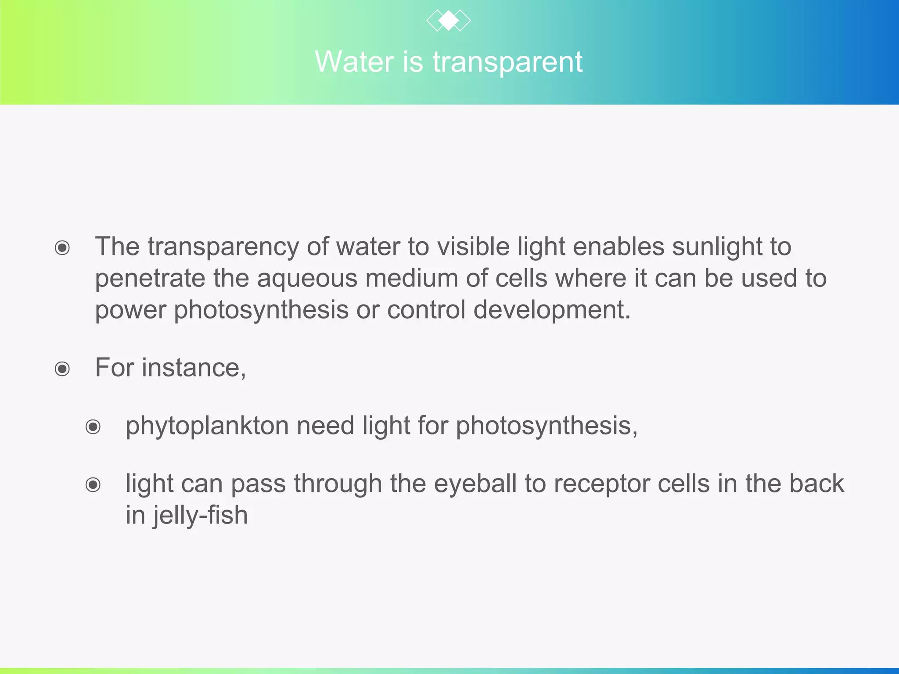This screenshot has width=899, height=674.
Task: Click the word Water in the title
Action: coord(354,62)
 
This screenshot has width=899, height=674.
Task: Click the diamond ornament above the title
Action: coord(448,21)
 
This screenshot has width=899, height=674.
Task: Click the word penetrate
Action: coord(150,279)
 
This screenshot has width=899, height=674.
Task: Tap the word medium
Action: coord(411,279)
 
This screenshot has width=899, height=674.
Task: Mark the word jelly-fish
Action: coord(200,516)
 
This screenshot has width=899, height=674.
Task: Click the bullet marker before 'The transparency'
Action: coord(62,248)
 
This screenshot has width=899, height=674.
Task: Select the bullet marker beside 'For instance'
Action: coord(62,369)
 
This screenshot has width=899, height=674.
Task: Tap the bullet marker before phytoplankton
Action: coord(93,427)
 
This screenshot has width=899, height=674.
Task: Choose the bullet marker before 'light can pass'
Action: coord(93,485)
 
